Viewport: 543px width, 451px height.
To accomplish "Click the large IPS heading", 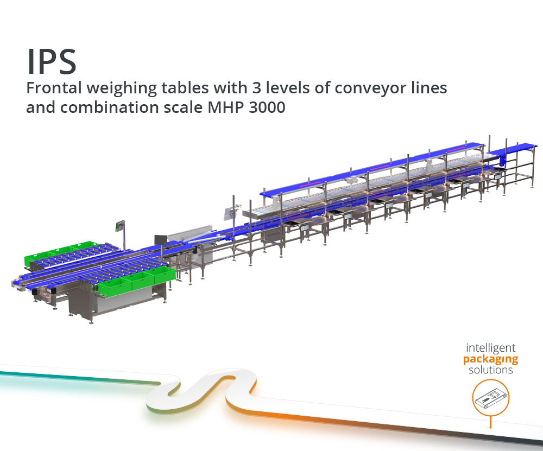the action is pyautogui.click(x=52, y=62).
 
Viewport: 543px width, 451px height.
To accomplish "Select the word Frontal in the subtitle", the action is pyautogui.click(x=54, y=88).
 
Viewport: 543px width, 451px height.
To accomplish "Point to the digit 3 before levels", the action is pyautogui.click(x=257, y=88).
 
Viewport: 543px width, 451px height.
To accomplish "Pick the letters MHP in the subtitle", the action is pyautogui.click(x=225, y=107).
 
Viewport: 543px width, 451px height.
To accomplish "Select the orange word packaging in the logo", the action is pyautogui.click(x=490, y=360).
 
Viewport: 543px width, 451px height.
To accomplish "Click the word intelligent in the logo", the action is pyautogui.click(x=490, y=348).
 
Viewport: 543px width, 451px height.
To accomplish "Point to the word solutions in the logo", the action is pyautogui.click(x=491, y=370).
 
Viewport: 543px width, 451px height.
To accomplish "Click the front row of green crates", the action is pyautogui.click(x=137, y=281).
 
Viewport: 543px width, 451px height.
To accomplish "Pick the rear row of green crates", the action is pyautogui.click(x=59, y=253).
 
